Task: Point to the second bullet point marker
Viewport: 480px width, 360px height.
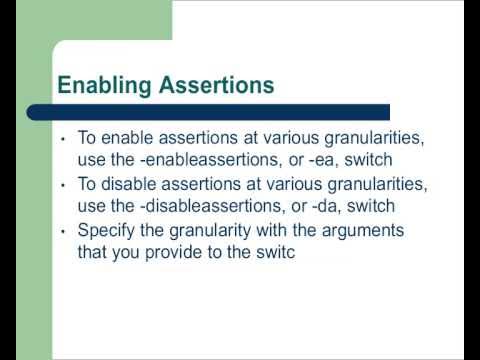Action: point(63,186)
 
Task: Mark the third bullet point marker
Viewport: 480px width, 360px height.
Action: point(63,232)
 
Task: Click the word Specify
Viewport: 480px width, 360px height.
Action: point(106,232)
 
